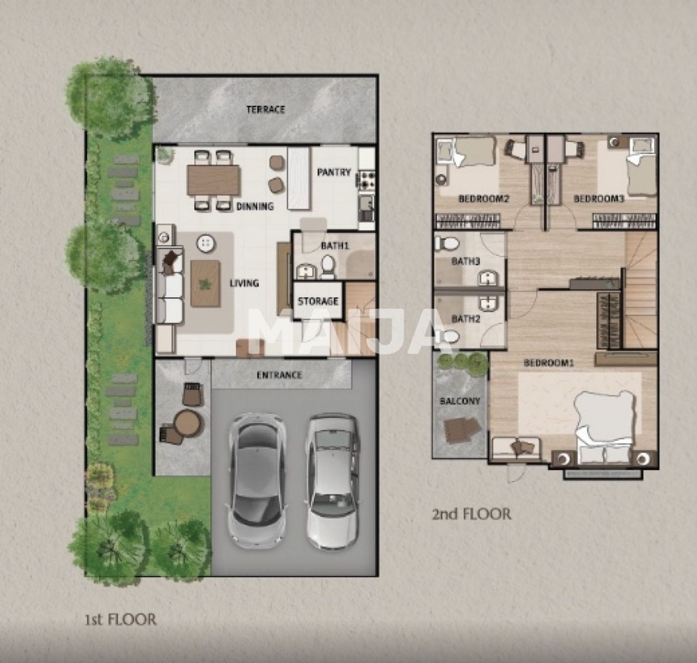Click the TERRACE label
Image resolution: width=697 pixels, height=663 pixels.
click(266, 109)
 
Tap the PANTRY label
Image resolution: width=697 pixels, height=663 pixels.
click(334, 173)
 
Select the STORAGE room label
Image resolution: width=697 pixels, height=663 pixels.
click(317, 301)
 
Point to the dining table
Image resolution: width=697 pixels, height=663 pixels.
click(213, 180)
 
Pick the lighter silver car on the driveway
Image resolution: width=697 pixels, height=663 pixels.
click(332, 482)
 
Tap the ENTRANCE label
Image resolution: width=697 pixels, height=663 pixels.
click(279, 375)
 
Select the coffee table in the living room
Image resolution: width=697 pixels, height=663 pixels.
click(205, 283)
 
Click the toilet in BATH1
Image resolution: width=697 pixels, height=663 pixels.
click(327, 266)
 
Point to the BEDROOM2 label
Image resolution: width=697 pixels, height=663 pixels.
click(484, 199)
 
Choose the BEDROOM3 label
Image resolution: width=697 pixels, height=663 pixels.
click(599, 199)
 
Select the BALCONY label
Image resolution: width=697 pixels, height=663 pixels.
click(460, 401)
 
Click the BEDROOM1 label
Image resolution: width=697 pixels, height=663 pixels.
click(548, 363)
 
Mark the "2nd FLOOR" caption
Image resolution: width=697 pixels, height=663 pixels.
click(472, 514)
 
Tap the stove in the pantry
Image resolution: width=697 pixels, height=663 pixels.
click(366, 180)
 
